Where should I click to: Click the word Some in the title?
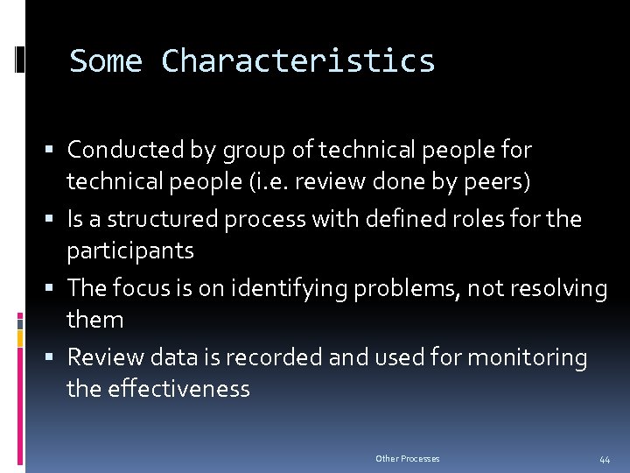click(106, 61)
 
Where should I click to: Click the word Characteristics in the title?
click(297, 61)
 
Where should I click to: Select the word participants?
click(130, 251)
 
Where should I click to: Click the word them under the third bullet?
click(95, 320)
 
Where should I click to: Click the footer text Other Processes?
click(407, 459)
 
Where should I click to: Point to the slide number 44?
click(605, 459)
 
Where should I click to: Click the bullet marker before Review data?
click(55, 357)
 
